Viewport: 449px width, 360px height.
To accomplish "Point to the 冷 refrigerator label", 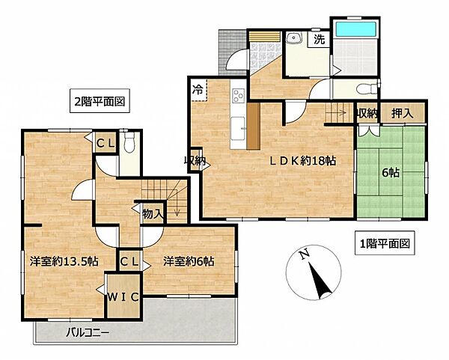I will pos(198,88).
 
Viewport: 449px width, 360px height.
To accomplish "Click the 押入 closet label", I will pos(403,112).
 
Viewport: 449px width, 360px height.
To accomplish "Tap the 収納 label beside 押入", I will pos(367,112).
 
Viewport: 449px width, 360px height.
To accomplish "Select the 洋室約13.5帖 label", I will pos(64,261).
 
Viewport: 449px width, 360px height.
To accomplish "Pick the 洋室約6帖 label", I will pos(189,261).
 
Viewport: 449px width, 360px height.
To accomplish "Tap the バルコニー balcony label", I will pos(88,330).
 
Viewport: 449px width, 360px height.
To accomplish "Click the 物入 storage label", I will pos(153,213).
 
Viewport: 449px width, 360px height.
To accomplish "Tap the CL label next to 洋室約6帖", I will pos(128,261).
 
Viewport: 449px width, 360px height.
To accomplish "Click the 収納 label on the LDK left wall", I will pos(195,159).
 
